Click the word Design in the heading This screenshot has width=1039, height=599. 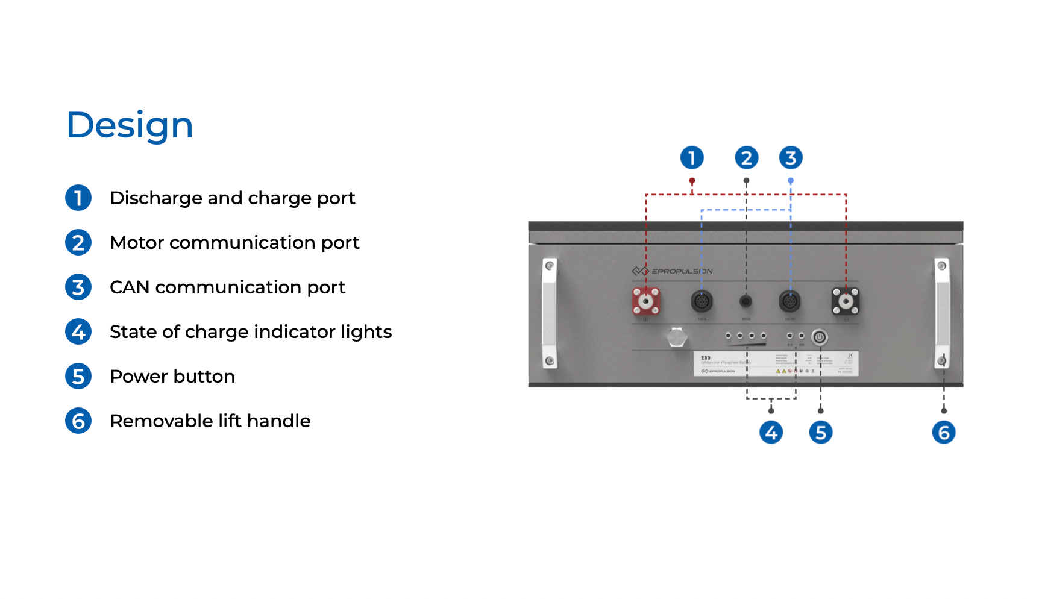pyautogui.click(x=130, y=125)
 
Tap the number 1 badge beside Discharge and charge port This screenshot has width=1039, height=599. pyautogui.click(x=78, y=198)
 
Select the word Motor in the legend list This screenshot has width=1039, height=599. pyautogui.click(x=137, y=243)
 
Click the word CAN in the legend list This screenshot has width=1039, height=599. pyautogui.click(x=130, y=287)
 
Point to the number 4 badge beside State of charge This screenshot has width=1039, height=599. pyautogui.click(x=78, y=331)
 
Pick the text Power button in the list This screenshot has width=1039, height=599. pyautogui.click(x=172, y=377)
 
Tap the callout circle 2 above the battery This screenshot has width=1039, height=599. pyautogui.click(x=746, y=158)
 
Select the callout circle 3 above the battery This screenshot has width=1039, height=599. pyautogui.click(x=791, y=158)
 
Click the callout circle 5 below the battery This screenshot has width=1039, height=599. pyautogui.click(x=820, y=433)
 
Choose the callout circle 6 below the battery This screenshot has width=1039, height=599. pyautogui.click(x=944, y=433)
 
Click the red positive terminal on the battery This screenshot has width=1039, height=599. pyautogui.click(x=645, y=301)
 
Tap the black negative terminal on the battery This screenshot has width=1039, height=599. pyautogui.click(x=846, y=301)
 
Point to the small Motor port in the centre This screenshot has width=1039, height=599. pyautogui.click(x=746, y=301)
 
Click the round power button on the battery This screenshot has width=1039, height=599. pyautogui.click(x=819, y=337)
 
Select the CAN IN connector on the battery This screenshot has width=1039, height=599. pyautogui.click(x=702, y=301)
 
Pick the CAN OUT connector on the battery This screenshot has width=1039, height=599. pyautogui.click(x=790, y=301)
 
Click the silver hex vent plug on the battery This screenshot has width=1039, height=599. pyautogui.click(x=677, y=337)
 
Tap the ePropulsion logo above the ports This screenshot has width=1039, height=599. pyautogui.click(x=672, y=271)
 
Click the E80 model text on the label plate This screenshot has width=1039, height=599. pyautogui.click(x=706, y=358)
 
